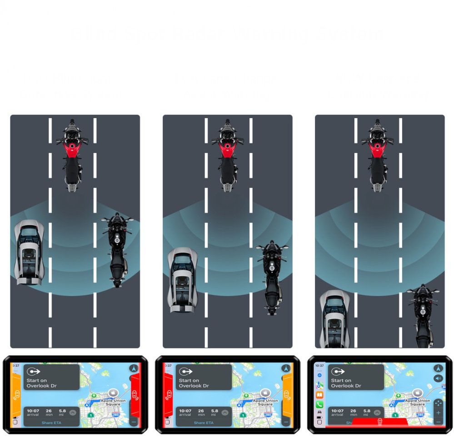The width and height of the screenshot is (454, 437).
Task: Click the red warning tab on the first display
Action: point(135,394)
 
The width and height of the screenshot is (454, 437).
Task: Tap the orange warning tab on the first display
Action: point(16,394)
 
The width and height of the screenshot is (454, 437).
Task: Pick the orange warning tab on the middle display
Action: point(287,394)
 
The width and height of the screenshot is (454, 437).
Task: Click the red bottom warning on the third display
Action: point(379,422)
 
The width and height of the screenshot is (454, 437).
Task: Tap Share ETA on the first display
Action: point(51,423)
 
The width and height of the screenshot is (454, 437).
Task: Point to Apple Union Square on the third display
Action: point(417,402)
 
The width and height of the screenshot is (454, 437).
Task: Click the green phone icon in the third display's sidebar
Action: point(319,404)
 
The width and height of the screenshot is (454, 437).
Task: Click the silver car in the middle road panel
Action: point(182,279)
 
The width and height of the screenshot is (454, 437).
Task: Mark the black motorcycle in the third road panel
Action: point(423,316)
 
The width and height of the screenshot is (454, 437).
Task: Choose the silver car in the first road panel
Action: point(30,252)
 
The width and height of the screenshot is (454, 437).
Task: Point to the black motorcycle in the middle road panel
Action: point(272,277)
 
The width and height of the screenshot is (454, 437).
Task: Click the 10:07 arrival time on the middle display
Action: point(185,411)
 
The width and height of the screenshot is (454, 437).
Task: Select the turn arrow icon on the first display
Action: point(33,371)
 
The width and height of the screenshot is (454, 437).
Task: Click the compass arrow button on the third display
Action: point(438,368)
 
